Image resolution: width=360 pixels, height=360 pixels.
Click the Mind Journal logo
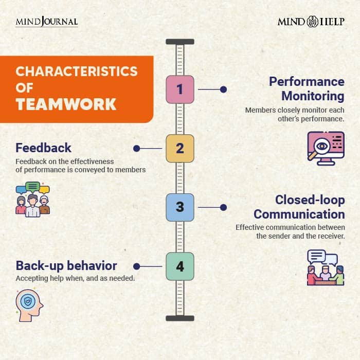pos(47,22)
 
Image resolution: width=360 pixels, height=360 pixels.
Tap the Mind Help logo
pos(311,22)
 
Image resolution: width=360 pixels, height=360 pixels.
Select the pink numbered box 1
pos(180,89)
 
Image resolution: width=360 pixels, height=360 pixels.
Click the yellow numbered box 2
pos(180,148)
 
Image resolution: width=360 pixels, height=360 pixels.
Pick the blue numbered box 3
pos(180,207)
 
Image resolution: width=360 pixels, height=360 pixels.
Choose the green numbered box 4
pos(180,266)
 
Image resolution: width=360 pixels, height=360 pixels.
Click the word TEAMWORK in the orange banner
pos(66,104)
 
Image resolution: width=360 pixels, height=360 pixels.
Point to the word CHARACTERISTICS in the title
pos(77,71)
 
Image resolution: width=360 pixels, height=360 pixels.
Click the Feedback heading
pos(43,148)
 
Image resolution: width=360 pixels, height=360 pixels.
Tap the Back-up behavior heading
pos(66,266)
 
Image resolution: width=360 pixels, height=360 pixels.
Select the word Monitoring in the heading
pos(313,97)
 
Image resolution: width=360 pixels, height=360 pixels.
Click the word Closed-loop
pos(310,200)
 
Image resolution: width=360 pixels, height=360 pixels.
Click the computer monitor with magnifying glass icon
pos(326,148)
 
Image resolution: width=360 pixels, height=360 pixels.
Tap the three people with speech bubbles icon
pos(32,200)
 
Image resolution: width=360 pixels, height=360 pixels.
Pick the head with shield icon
pos(29,305)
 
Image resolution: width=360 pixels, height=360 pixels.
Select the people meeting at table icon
pos(326,267)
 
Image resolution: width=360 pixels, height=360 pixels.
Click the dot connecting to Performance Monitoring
pos(223,89)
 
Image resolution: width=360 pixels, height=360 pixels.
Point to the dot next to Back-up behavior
pos(137,266)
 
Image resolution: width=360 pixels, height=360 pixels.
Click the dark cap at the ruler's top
pos(180,42)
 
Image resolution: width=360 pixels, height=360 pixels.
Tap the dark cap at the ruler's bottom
pos(180,318)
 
